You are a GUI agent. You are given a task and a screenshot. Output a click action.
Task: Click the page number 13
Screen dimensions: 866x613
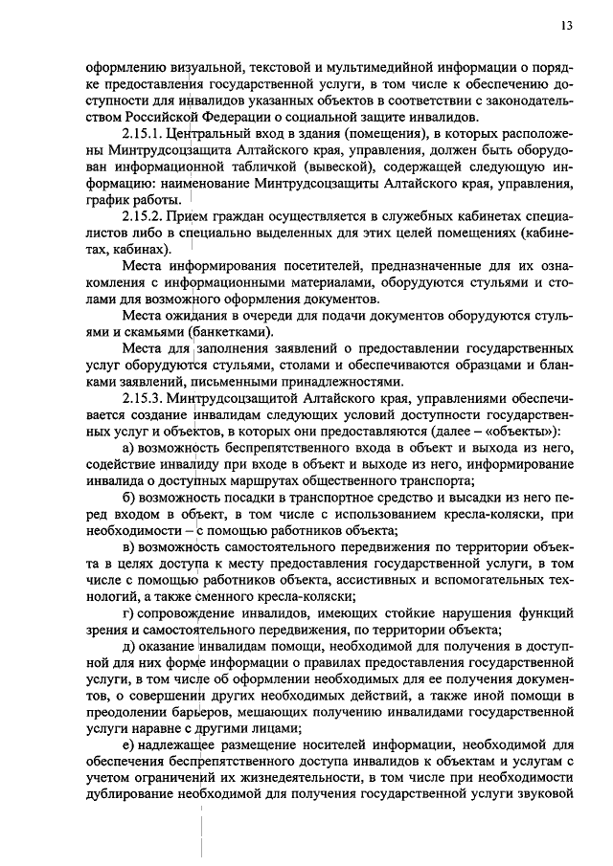click(x=567, y=26)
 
